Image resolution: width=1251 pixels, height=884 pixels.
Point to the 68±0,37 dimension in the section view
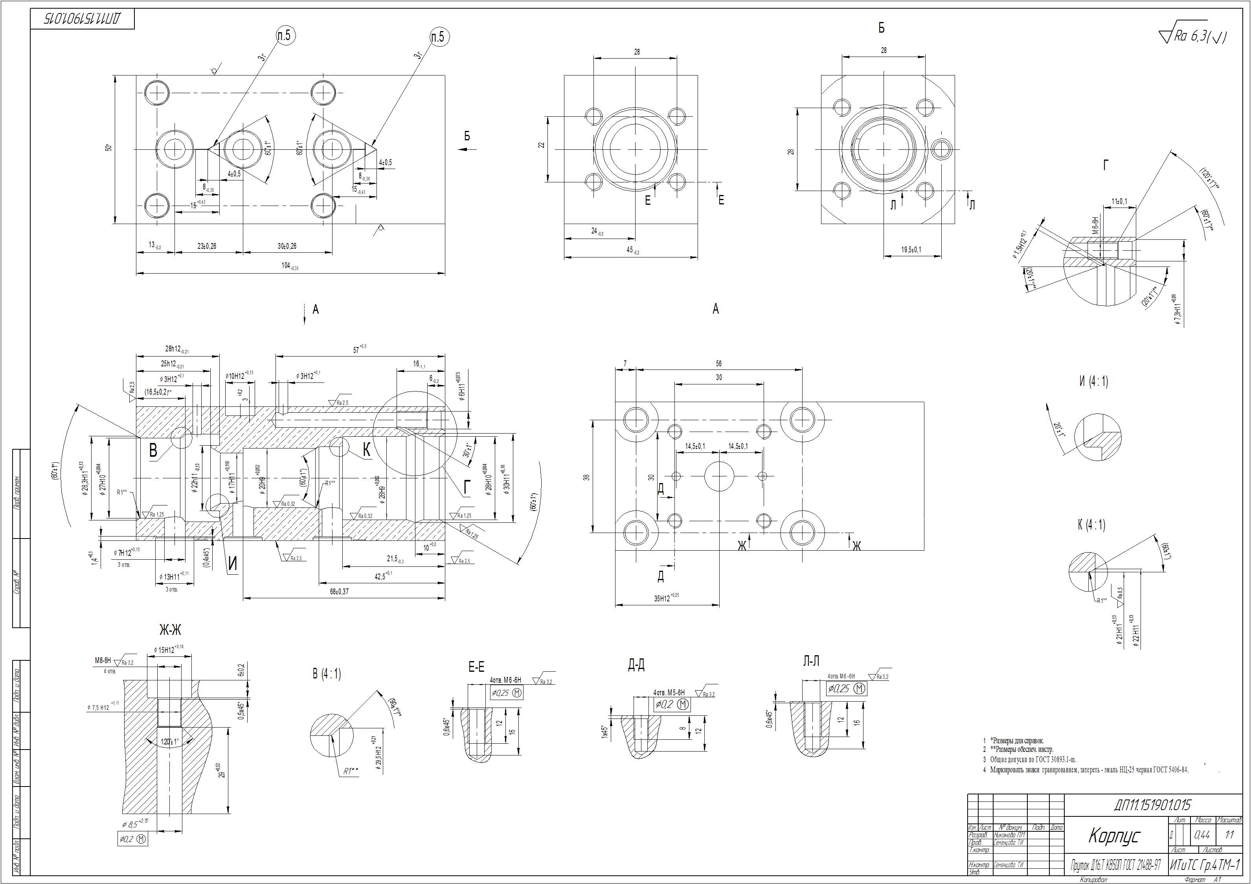click(x=338, y=591)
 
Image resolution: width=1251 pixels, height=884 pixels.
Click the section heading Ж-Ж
click(x=170, y=630)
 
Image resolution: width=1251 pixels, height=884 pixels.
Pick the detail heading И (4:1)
click(x=1093, y=382)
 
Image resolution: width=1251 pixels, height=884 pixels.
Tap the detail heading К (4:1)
click(x=1091, y=525)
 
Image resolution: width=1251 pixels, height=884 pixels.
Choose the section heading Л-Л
click(x=811, y=662)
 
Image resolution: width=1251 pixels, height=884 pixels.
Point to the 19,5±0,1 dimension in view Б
click(x=911, y=250)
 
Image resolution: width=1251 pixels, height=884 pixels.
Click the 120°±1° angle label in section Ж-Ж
click(x=170, y=742)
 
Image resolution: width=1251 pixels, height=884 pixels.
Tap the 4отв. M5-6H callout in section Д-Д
click(x=669, y=693)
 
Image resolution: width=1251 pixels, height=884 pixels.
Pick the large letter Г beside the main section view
click(x=467, y=488)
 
